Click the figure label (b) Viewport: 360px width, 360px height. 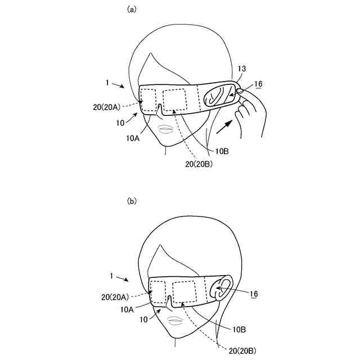132,200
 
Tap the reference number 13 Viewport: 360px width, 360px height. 242,69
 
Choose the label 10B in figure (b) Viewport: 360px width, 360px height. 238,329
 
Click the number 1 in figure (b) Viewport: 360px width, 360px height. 112,276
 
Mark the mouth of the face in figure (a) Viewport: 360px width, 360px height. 166,129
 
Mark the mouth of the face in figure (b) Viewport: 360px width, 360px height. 175,320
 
